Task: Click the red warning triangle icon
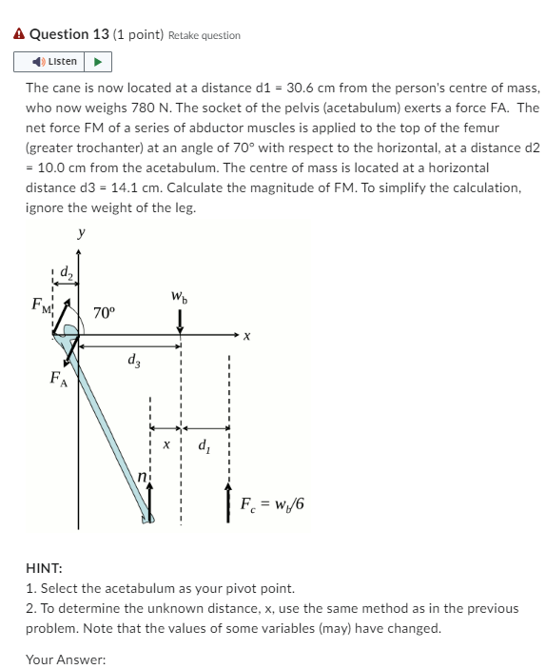(19, 34)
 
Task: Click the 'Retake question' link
(204, 35)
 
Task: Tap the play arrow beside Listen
(98, 62)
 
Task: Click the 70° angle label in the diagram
(105, 312)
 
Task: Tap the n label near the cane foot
(142, 475)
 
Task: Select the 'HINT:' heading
(43, 568)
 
